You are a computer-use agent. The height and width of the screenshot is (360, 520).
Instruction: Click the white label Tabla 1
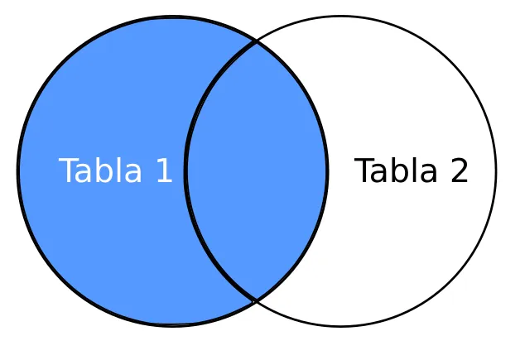pyautogui.click(x=115, y=171)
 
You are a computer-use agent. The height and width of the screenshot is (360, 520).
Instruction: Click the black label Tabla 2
pyautogui.click(x=412, y=171)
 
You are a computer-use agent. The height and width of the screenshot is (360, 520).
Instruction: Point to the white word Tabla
pyautogui.click(x=98, y=171)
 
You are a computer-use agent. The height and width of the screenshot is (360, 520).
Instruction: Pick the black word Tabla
pyautogui.click(x=394, y=171)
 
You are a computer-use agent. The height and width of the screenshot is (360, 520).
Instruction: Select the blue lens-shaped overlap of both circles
pyautogui.click(x=257, y=171)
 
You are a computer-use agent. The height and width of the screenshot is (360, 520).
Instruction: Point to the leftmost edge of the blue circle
pyautogui.click(x=18, y=171)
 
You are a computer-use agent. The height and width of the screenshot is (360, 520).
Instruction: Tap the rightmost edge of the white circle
pyautogui.click(x=496, y=171)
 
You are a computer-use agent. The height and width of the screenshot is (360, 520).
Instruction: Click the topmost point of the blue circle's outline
pyautogui.click(x=172, y=17)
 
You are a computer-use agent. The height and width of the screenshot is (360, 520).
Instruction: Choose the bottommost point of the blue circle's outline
pyautogui.click(x=172, y=325)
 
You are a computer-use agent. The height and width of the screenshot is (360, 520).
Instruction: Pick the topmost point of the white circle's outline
pyautogui.click(x=341, y=17)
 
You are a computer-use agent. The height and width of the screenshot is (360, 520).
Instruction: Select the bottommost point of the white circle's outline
pyautogui.click(x=341, y=326)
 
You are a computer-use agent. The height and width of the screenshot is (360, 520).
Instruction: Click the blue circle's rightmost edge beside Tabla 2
pyautogui.click(x=327, y=171)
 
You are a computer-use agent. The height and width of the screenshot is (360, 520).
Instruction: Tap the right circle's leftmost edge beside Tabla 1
pyautogui.click(x=186, y=171)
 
